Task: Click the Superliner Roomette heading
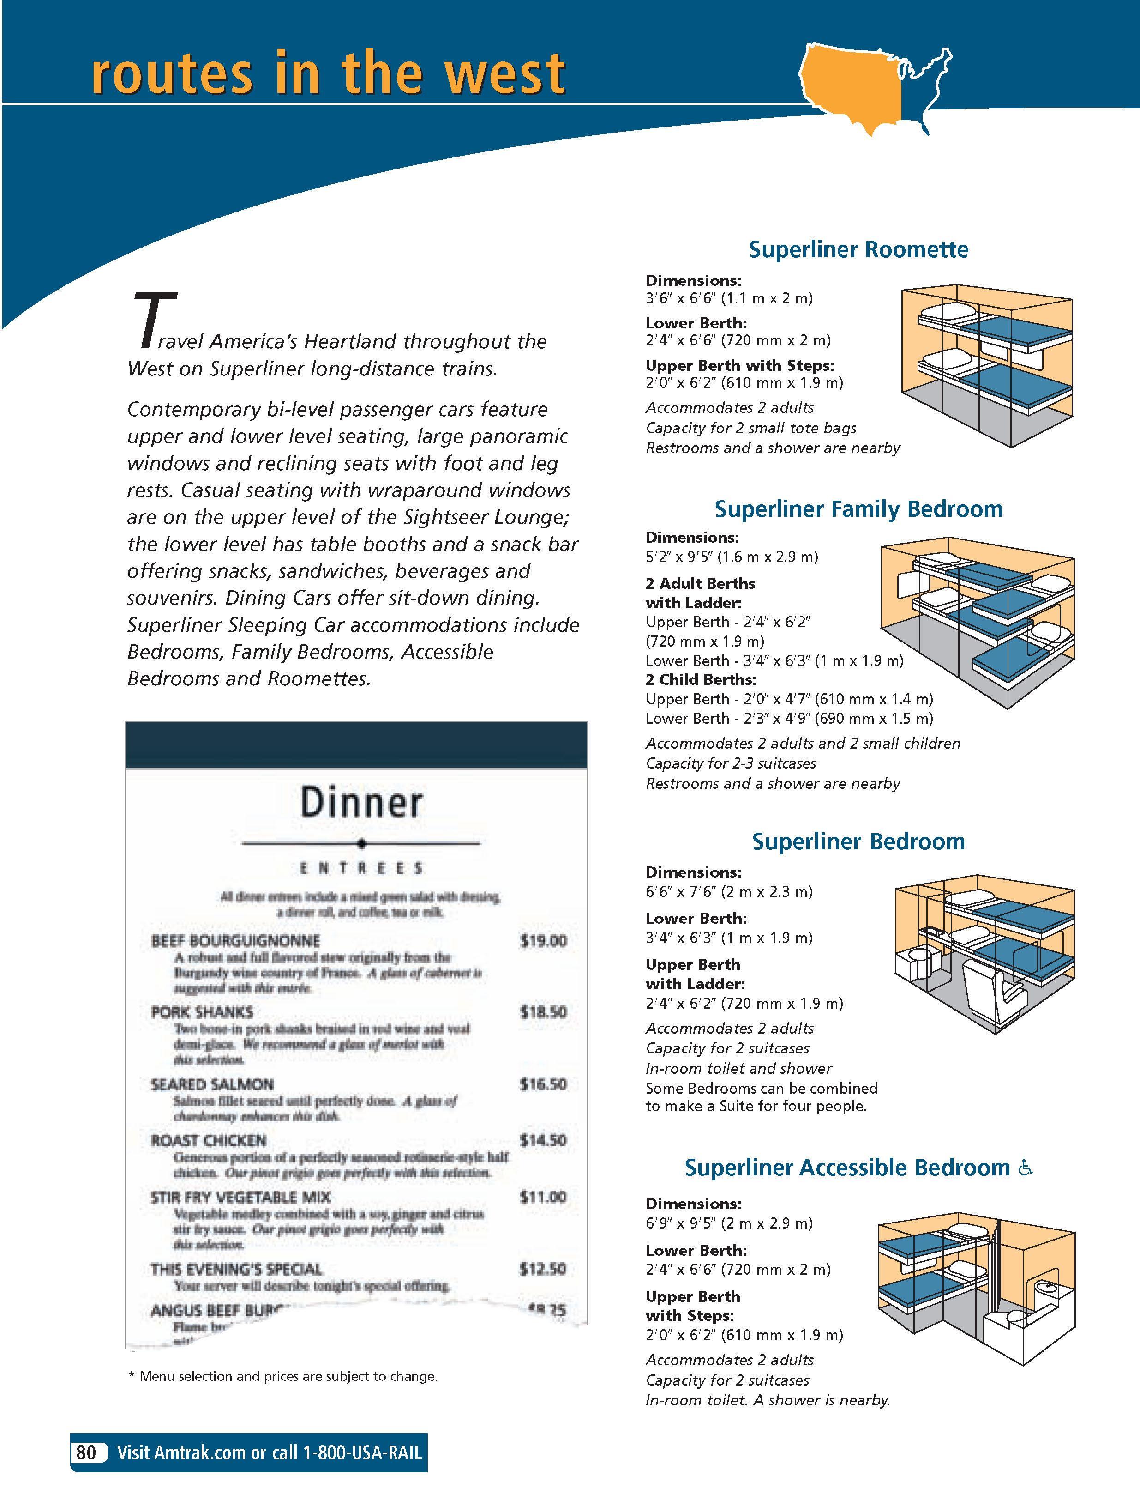coord(858,249)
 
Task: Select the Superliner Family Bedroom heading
coord(858,509)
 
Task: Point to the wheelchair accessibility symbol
coord(1026,1168)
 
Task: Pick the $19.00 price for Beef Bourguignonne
coord(543,941)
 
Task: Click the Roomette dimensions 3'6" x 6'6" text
coord(729,298)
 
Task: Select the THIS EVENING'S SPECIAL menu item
coord(236,1269)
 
